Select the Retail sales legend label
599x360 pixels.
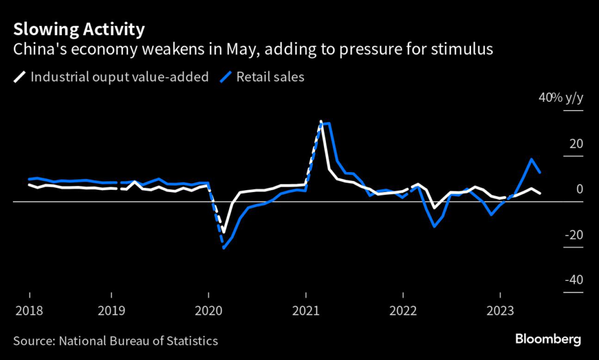pos(270,77)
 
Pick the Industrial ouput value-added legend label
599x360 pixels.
pos(119,77)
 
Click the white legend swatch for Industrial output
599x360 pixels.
pos(20,77)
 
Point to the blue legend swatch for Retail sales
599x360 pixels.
pos(226,77)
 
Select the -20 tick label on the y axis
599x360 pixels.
pos(573,235)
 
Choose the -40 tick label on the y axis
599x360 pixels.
pos(573,280)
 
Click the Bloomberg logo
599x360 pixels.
pos(548,339)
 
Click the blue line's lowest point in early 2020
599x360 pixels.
pos(223,248)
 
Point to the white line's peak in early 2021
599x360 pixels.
pos(321,122)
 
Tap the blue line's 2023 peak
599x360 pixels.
pos(532,159)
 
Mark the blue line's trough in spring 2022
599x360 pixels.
pos(434,226)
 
